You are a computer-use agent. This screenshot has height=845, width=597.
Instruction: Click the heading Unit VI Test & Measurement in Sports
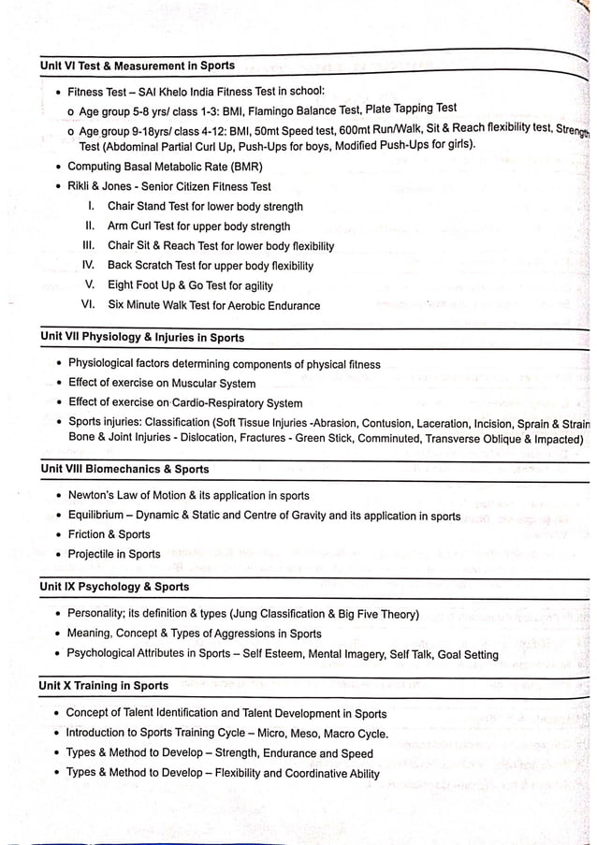coord(138,66)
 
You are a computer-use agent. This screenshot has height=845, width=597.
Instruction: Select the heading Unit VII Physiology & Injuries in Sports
coord(142,338)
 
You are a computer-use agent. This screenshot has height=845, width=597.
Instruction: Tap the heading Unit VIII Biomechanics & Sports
coord(124,469)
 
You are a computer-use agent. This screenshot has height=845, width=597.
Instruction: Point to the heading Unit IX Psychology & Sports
coord(114,587)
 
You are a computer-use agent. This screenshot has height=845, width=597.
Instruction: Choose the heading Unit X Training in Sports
coord(104,686)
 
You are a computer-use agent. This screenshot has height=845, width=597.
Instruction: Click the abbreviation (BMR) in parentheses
coord(245,167)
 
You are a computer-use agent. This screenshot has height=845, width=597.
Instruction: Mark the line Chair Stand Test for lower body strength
coord(205,207)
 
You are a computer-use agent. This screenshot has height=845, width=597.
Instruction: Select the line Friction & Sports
coord(109,534)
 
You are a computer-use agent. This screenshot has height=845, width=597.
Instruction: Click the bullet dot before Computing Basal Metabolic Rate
coord(59,167)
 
